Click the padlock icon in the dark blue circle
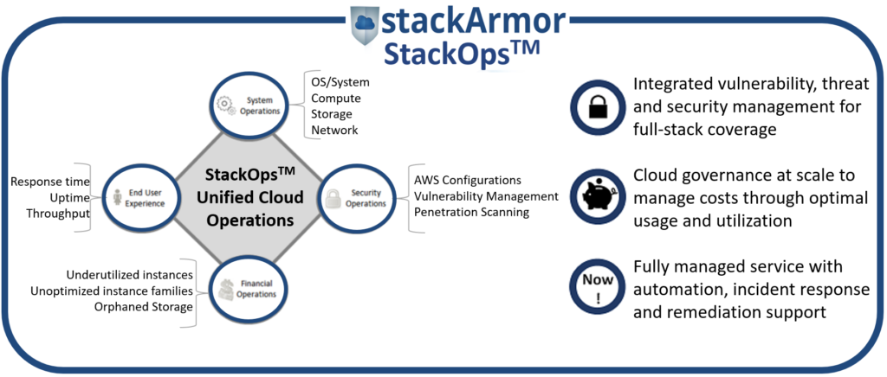[597, 105]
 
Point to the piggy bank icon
[597, 196]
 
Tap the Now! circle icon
[597, 287]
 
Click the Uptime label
[69, 198]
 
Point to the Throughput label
[58, 214]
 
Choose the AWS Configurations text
[467, 182]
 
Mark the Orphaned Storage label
[144, 307]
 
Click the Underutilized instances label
[130, 276]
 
